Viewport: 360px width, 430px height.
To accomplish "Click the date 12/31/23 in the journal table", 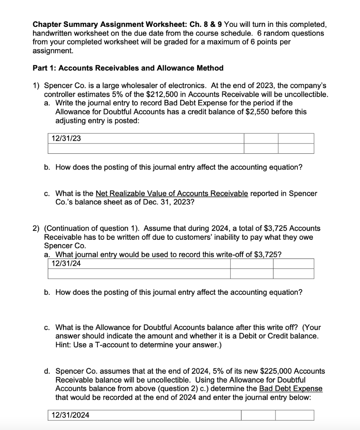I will [x=66, y=138].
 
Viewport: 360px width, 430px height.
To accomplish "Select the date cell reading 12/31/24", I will [x=66, y=263].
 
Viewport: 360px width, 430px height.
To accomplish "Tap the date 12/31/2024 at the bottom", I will [x=70, y=415].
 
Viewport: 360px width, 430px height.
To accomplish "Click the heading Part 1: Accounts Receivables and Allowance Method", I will [x=128, y=68].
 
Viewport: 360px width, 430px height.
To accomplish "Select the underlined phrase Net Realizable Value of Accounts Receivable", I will [x=172, y=194].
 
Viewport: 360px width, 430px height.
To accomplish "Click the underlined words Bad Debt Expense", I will [x=291, y=388].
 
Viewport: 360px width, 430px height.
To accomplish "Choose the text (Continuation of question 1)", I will [x=92, y=228].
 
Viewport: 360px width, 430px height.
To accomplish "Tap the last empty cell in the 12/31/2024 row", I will [x=294, y=415].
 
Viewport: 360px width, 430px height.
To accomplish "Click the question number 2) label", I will [x=37, y=228].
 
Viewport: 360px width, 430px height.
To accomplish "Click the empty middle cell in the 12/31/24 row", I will [x=247, y=263].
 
